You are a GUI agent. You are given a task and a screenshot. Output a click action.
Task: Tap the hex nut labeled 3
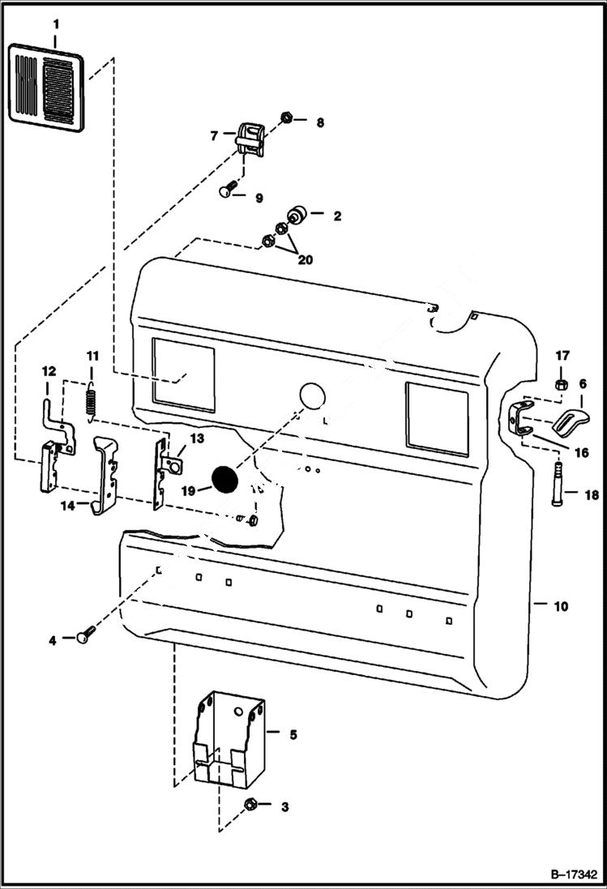250,806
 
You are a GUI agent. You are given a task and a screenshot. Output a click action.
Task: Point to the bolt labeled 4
85,637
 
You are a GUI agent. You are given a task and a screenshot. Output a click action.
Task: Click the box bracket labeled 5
229,738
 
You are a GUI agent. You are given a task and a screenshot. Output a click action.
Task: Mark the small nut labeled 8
287,119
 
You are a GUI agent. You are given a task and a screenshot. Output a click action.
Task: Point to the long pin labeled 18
558,484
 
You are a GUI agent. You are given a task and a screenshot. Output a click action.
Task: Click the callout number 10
561,606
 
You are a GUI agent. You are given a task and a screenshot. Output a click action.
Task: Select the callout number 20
304,261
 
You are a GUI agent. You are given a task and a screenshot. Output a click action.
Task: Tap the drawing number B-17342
573,875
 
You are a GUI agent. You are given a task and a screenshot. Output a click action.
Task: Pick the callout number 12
49,371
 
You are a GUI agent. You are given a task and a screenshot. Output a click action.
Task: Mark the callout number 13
197,438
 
